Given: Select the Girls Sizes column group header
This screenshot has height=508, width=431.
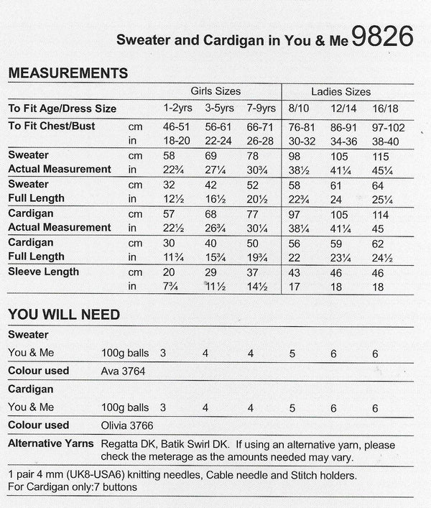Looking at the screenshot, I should point(215,92).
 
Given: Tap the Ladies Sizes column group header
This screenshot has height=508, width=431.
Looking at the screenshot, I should point(341,92).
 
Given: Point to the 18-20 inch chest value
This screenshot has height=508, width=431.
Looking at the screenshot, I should point(176,140).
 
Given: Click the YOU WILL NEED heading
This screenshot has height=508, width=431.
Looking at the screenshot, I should point(63,315).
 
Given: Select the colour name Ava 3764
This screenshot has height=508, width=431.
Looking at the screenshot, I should point(128,371).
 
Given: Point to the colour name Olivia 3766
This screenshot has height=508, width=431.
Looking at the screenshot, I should point(128,425).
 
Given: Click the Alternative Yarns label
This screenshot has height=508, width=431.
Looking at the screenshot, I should point(50,443).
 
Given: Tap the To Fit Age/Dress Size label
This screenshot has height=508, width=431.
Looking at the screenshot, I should point(62,109).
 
